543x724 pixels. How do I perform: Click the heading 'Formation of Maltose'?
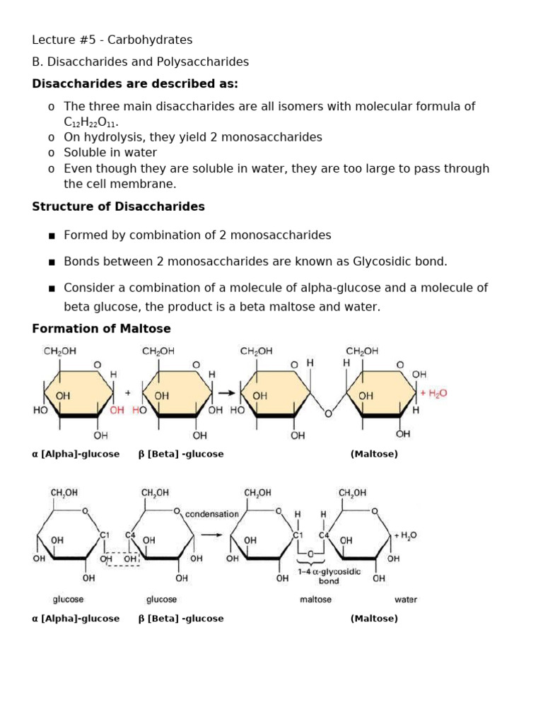point(101,329)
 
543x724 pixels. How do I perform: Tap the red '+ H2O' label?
point(433,394)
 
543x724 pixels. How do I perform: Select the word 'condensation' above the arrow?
point(212,514)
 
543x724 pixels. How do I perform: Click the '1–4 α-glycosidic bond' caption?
point(329,576)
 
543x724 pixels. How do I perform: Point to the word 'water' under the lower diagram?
point(405,600)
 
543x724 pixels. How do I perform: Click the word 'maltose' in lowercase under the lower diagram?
point(315,600)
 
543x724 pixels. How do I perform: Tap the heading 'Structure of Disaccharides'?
point(118,206)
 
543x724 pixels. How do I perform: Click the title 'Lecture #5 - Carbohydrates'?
point(112,40)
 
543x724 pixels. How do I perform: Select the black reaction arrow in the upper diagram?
point(226,393)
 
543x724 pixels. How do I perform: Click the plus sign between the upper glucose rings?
point(128,393)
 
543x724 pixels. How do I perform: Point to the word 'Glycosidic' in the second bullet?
point(390,261)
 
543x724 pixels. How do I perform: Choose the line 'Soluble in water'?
point(110,153)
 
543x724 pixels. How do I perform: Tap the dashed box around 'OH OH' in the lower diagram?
point(121,559)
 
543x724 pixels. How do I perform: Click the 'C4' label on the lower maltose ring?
point(324,535)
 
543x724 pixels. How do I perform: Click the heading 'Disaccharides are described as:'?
point(135,84)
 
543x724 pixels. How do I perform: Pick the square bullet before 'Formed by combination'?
point(51,235)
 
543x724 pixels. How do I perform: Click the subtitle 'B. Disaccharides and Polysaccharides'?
point(140,62)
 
